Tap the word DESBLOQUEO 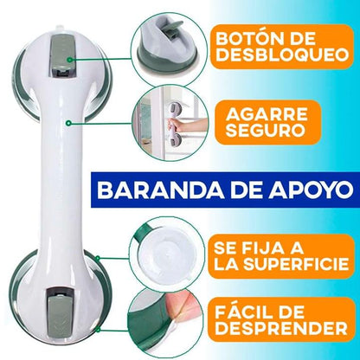coord(282,55)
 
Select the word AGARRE coord(267,114)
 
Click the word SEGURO coord(266,130)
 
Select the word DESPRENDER coord(281,328)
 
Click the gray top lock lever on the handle coord(62,55)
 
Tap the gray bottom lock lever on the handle coord(60,312)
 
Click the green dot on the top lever coord(69,60)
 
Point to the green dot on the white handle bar coord(68,123)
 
